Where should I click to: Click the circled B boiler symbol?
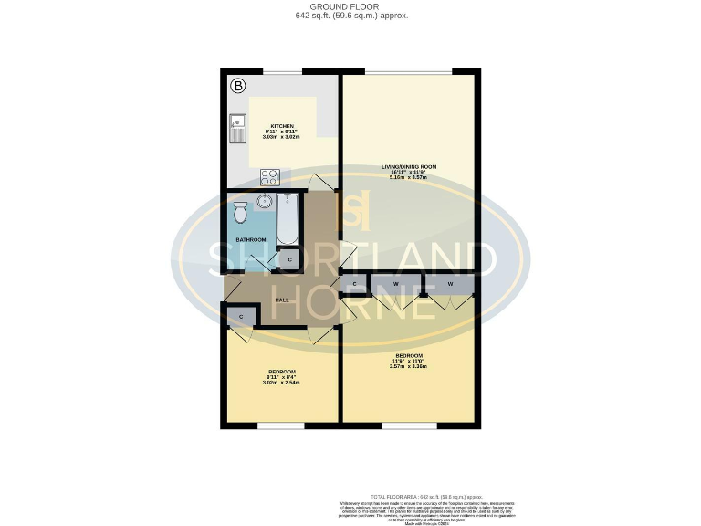coord(238,87)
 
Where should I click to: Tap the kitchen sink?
coord(237,129)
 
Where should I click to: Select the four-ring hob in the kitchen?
coord(269,176)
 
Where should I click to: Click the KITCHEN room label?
coord(280,126)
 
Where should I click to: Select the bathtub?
coord(287,219)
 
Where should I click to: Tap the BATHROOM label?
coord(251,240)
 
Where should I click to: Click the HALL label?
coord(282,300)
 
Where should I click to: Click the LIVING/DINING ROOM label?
coord(409,166)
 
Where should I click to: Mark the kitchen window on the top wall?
coord(283,71)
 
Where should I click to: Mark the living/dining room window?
coord(408,71)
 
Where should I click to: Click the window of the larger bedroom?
coord(409,425)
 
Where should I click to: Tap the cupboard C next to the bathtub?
coord(289,260)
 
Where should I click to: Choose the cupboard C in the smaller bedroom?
coord(241,316)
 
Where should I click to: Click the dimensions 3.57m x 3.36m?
coord(409,366)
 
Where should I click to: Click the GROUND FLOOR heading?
coord(351,6)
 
